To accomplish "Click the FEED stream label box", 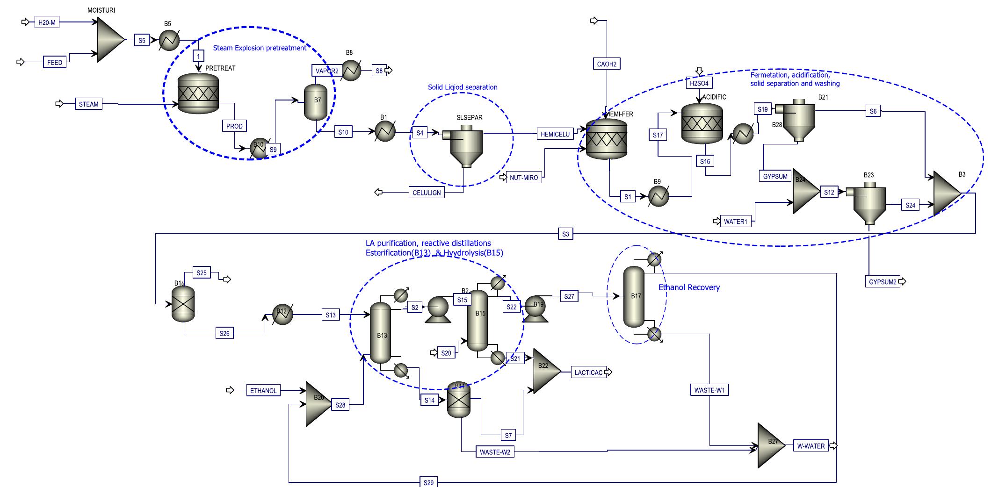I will [55, 62].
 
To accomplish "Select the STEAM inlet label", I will [88, 104].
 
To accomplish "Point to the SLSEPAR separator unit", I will [466, 145].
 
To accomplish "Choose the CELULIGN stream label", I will [427, 192].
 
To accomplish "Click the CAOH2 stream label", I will [607, 64].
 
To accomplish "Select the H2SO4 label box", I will [699, 84].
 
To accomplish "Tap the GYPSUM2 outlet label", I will [883, 282].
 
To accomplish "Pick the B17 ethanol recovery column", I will [634, 297].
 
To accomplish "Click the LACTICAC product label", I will [588, 372].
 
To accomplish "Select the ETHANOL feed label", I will [263, 390].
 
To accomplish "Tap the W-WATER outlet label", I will [811, 446].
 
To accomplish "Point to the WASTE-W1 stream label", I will [709, 390].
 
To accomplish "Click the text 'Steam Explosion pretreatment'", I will [260, 48].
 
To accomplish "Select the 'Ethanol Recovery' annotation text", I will [689, 287].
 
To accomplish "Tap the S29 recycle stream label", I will [428, 482].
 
